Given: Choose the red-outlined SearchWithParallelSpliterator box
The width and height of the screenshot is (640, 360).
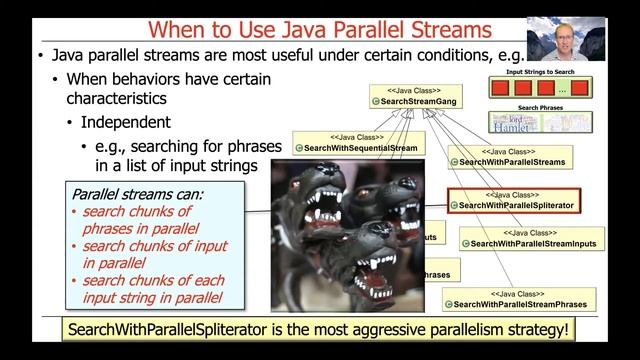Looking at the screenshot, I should pyautogui.click(x=515, y=201).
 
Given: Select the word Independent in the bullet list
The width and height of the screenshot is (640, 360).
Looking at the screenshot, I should pyautogui.click(x=125, y=123).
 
